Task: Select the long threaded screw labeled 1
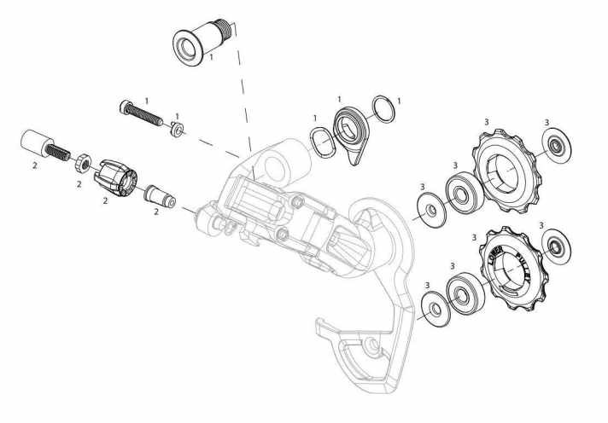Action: click(x=141, y=113)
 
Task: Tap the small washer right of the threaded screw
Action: click(x=178, y=129)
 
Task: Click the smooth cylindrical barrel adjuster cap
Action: click(x=37, y=143)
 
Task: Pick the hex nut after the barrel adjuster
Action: click(x=84, y=163)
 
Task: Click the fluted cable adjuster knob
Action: click(x=115, y=178)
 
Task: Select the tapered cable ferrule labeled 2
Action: click(x=160, y=196)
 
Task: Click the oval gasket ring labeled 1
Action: click(x=323, y=142)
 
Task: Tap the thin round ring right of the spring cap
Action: click(x=383, y=109)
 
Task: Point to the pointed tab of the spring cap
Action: click(x=354, y=159)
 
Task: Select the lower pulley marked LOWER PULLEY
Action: click(x=513, y=269)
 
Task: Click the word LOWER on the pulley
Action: click(x=495, y=255)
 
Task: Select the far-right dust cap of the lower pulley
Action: click(x=556, y=246)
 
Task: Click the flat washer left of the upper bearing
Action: click(x=431, y=210)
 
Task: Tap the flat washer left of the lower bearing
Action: click(x=436, y=309)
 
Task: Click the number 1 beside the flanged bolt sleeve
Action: click(x=211, y=57)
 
